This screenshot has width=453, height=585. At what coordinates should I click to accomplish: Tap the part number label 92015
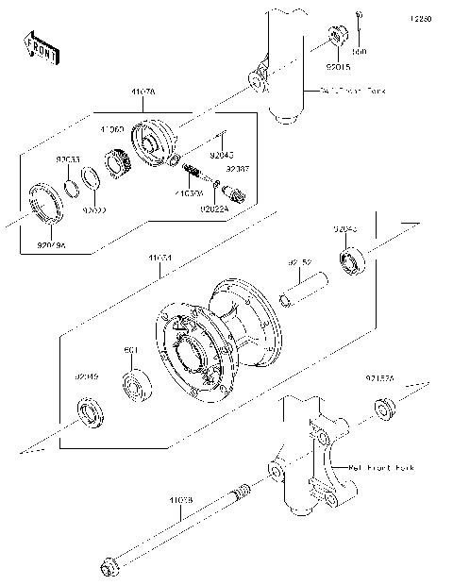point(337,67)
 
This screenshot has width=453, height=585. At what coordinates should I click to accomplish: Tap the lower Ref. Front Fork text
point(381,467)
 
